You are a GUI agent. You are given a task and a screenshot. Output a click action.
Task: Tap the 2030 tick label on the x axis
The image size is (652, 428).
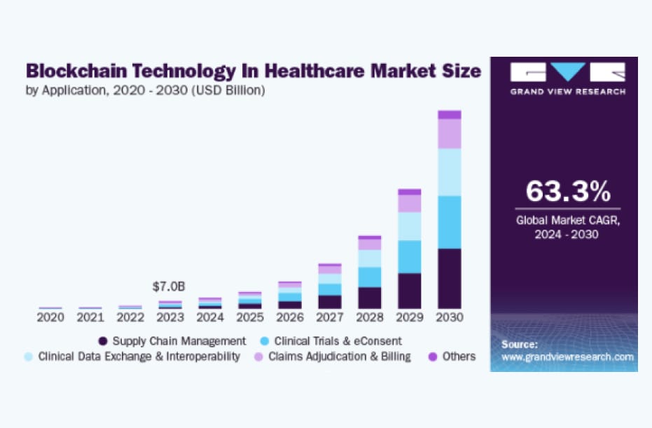pos(450,317)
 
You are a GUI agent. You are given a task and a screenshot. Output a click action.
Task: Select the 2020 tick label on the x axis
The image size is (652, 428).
pos(50,317)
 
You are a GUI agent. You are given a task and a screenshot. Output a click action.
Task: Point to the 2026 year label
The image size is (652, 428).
pos(290,317)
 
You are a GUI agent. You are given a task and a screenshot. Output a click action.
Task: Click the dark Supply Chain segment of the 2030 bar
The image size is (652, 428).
pos(450,278)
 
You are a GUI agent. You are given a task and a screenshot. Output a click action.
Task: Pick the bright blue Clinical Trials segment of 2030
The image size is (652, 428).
pos(450,222)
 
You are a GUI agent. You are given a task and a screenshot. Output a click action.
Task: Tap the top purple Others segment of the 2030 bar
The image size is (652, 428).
pos(450,115)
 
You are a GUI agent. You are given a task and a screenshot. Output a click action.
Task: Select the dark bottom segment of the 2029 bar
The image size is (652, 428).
pos(410,291)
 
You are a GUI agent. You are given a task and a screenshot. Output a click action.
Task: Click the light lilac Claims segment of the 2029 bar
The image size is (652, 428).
pos(410,203)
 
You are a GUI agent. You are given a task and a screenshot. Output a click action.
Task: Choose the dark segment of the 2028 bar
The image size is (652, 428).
pos(370,298)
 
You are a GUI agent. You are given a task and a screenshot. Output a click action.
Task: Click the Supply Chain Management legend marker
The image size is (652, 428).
pos(103,341)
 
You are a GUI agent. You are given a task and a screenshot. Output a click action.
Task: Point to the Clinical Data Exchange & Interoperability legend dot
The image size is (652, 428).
pos(28,357)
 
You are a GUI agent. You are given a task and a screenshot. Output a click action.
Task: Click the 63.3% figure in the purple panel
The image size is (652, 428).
pos(568,191)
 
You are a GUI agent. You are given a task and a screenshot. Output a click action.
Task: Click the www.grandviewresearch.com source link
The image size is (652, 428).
pos(568,357)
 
